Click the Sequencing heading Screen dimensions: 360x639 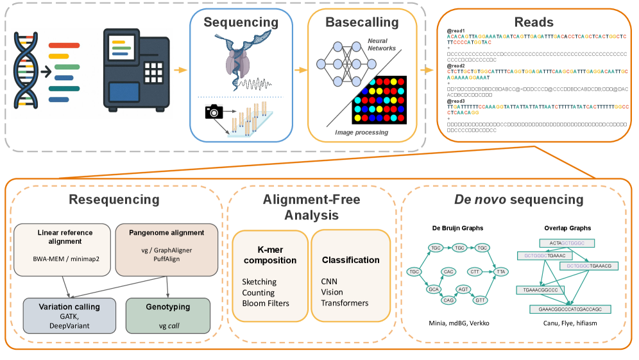click(x=241, y=22)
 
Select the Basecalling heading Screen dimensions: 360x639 click(x=362, y=22)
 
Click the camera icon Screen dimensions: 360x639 click(x=214, y=112)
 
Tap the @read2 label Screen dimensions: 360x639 click(x=456, y=65)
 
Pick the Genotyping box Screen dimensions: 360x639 click(x=167, y=314)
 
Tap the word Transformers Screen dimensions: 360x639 click(x=346, y=303)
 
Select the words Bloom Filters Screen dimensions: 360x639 click(x=266, y=303)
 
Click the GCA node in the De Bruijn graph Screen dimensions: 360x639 click(x=434, y=289)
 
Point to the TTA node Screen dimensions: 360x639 click(x=502, y=271)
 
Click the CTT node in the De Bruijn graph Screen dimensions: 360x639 click(x=475, y=271)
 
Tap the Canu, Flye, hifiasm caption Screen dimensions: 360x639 click(x=561, y=323)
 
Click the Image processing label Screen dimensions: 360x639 click(x=361, y=132)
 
